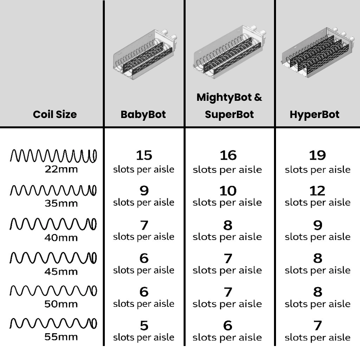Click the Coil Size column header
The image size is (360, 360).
pos(55,114)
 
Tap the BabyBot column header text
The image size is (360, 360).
pos(143,114)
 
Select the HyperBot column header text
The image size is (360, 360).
pos(314,114)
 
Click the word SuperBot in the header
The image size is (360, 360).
pos(229,114)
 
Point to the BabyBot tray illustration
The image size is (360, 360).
pos(145,55)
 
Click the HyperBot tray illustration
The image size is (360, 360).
pos(318,52)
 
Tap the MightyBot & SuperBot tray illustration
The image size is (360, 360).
pos(230,52)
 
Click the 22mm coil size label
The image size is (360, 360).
pos(61,170)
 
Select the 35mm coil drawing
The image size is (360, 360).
pos(53,190)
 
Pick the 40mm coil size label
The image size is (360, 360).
pos(61,238)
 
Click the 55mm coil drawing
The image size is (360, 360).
pos(53,323)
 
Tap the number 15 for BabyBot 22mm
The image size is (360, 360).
pos(144,155)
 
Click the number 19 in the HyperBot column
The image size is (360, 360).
pos(318,155)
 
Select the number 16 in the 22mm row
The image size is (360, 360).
pos(228,155)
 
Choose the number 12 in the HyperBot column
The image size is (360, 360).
pos(318,191)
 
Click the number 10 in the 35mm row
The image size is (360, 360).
pos(228,191)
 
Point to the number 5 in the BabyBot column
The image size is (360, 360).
pos(144,326)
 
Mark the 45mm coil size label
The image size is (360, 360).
pos(61,272)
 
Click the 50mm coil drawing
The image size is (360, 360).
pos(53,291)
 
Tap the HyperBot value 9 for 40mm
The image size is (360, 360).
pos(318,225)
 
